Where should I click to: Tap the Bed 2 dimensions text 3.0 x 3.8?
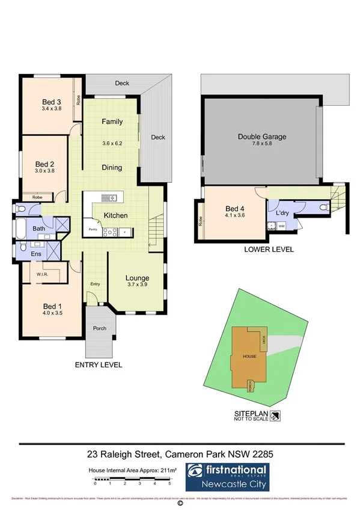(44, 171)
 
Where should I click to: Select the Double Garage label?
(261, 137)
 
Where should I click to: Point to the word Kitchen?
(115, 215)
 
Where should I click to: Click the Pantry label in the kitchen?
(93, 230)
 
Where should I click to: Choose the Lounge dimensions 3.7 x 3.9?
(137, 286)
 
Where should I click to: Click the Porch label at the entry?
(99, 328)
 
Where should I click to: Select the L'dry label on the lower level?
(282, 214)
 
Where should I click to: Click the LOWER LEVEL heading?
(269, 249)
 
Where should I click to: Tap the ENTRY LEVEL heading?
(99, 364)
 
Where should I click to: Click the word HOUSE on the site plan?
(249, 356)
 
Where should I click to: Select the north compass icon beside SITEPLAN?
(275, 415)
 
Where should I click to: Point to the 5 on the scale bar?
(170, 483)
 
